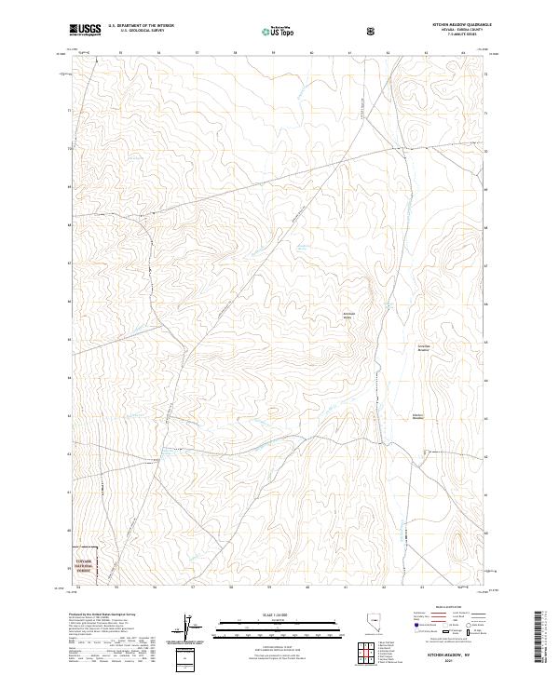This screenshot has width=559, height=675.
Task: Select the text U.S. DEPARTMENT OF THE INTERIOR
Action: click(141, 26)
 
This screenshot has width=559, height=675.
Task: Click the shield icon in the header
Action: click(372, 31)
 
